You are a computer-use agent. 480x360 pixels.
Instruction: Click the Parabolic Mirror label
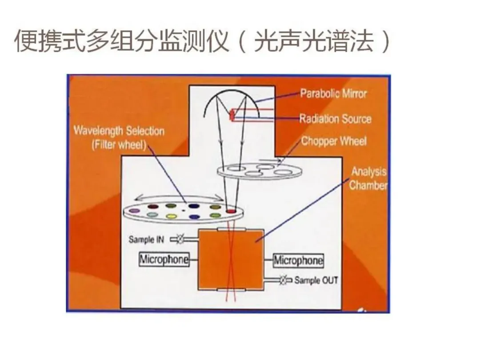[333, 94]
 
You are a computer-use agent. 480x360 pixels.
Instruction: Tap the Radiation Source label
[335, 119]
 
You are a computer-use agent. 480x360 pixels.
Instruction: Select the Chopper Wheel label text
[334, 141]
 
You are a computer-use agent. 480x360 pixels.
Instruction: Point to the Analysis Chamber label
[368, 179]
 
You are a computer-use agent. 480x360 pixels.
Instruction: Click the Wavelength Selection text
[119, 131]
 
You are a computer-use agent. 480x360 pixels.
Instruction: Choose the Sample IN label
[146, 240]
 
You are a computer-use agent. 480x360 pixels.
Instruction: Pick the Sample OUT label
[316, 280]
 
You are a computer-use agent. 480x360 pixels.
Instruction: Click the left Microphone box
[164, 260]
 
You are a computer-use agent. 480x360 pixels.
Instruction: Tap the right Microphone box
[298, 260]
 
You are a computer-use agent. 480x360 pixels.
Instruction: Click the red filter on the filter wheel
[231, 210]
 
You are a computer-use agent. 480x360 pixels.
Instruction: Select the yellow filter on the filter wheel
[172, 216]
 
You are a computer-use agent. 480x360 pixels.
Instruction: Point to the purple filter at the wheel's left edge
[134, 210]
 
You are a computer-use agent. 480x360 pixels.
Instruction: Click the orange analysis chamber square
[231, 259]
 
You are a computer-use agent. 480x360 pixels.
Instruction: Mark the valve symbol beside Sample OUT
[283, 280]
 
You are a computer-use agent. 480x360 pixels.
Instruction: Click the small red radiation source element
[232, 116]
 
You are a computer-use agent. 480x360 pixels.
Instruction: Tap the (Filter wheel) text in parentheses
[119, 145]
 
